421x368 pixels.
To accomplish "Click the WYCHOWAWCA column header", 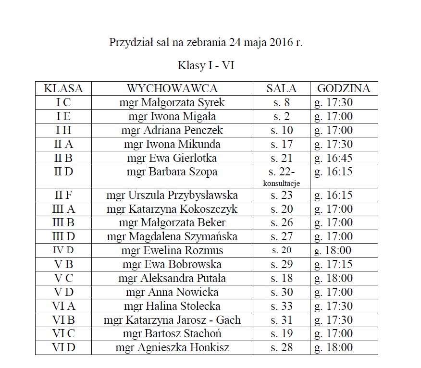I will (172, 88).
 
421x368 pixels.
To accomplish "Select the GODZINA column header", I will (344, 88).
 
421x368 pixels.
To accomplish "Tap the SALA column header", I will (282, 88).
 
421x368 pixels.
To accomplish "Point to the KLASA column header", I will (63, 88).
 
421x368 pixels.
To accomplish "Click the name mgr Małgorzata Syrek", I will (172, 102).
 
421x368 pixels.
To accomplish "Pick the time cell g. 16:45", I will (334, 158).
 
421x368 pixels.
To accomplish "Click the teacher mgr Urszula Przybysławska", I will (172, 195).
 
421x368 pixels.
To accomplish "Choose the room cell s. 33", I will (282, 306).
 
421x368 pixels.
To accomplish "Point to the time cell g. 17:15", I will (334, 264).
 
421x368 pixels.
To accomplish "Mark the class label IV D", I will (63, 250).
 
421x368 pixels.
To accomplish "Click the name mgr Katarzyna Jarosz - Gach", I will (172, 320).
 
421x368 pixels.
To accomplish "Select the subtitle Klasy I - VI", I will (206, 65).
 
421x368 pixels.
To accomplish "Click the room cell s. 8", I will (282, 102).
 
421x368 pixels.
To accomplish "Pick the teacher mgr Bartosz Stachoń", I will (172, 334).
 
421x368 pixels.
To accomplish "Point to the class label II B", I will (63, 158).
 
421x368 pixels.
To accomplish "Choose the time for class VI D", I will (334, 348).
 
